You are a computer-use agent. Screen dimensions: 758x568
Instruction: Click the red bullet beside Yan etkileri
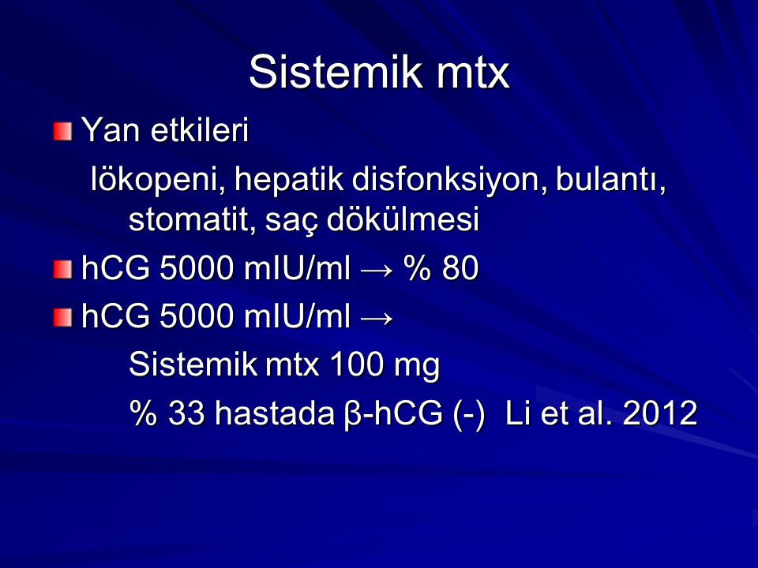coord(63,132)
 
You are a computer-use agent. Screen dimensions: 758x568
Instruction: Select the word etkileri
coord(200,130)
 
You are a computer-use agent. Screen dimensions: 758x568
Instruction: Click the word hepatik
coord(289,180)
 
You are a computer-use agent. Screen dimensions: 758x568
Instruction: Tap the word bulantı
coord(610,180)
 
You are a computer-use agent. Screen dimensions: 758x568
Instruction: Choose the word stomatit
coord(192,220)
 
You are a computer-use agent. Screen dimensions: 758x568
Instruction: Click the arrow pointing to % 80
coord(376,271)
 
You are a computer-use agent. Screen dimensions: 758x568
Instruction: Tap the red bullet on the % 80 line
coord(63,270)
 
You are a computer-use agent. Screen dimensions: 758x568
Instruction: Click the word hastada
coord(274,413)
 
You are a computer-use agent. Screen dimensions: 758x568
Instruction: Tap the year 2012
coord(660,413)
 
